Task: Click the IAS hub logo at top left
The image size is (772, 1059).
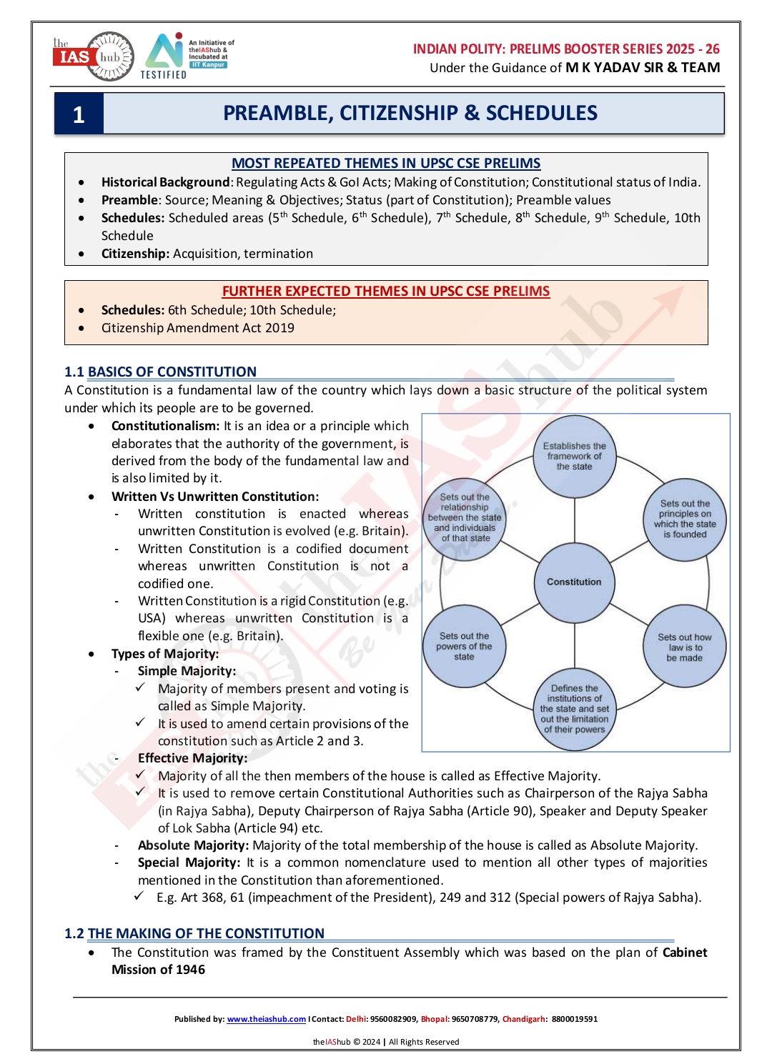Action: coord(93,56)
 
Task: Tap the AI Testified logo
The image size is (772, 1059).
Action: coord(164,55)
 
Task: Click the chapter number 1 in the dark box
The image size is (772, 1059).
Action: coord(79,114)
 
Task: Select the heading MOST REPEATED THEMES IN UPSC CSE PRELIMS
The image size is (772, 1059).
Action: coord(386,164)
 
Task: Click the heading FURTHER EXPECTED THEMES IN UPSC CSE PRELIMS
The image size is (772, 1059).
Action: coord(386,292)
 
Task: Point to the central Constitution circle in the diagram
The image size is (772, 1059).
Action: coord(574,582)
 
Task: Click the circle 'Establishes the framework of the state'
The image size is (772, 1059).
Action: coord(574,457)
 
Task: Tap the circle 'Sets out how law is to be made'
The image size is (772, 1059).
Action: coord(684,647)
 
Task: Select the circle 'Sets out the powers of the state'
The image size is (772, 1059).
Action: coord(464,647)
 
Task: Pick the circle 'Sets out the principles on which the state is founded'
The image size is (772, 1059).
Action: coord(685,519)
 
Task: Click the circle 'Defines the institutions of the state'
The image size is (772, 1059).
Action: coord(575,709)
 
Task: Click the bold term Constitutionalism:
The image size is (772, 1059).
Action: coord(166,426)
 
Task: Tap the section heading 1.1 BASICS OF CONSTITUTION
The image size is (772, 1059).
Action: coord(160,372)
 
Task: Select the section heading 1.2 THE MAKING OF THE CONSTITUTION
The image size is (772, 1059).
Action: coord(194,934)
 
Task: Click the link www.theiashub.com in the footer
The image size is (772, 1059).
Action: coord(266,1019)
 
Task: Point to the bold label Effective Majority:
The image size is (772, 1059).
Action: coord(192,758)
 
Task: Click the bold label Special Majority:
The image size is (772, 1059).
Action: coord(189,863)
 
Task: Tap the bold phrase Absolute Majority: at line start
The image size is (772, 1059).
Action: coord(193,845)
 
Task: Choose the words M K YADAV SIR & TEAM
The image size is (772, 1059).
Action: coord(643,68)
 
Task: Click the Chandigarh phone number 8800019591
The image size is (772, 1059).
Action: coord(575,1019)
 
